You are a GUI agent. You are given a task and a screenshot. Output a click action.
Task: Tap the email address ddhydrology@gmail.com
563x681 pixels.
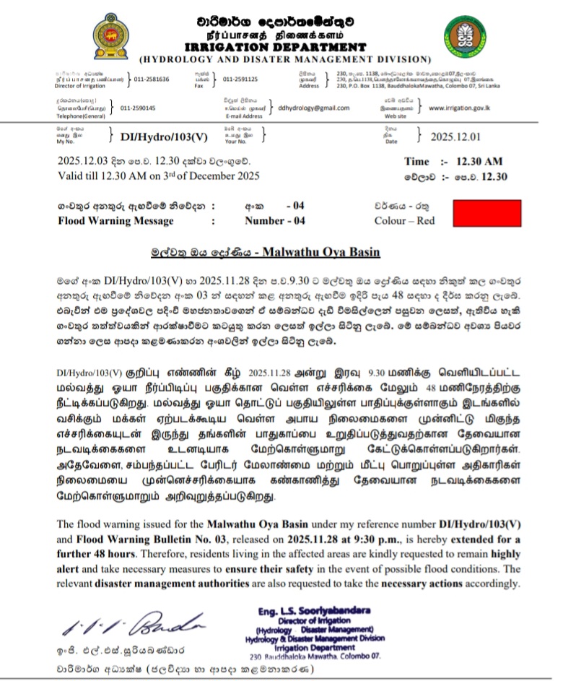pos(313,108)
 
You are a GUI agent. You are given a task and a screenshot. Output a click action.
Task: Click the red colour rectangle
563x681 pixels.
pos(485,213)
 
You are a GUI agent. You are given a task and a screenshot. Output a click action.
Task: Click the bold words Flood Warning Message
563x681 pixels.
pos(115,221)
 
